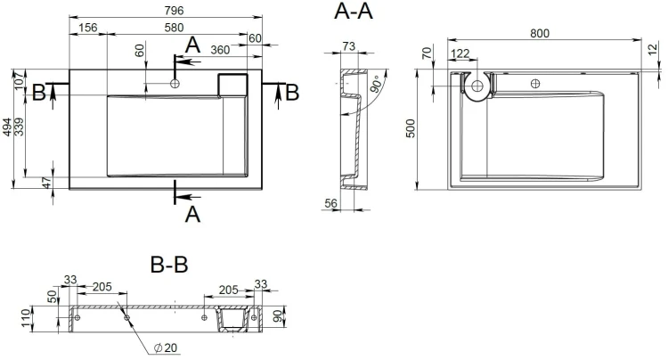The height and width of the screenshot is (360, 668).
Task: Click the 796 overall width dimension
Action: [x=174, y=10]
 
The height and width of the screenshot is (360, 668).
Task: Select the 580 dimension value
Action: [x=174, y=28]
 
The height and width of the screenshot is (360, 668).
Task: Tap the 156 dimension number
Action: [x=88, y=28]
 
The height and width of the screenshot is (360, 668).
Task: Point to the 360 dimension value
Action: [x=220, y=50]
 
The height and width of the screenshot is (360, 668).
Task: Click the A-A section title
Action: [x=354, y=11]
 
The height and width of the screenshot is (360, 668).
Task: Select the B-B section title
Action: [x=169, y=264]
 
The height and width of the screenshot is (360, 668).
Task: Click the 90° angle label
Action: [x=376, y=84]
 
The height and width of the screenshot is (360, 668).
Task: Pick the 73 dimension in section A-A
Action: [x=348, y=46]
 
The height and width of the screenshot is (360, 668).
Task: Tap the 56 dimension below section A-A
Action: [x=331, y=203]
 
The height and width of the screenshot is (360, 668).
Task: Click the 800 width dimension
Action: [x=540, y=33]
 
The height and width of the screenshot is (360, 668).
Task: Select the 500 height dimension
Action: [x=410, y=128]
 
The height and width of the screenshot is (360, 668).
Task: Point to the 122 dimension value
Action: [x=460, y=53]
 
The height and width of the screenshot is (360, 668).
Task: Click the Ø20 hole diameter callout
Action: [x=166, y=348]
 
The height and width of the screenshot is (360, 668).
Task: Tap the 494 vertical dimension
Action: [x=7, y=127]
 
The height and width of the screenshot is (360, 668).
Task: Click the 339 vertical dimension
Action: [x=19, y=127]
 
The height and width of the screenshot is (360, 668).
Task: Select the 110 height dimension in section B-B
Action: [x=27, y=319]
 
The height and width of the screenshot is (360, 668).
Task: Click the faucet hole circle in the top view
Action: [x=175, y=84]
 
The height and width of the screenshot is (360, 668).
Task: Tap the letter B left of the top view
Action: [x=39, y=93]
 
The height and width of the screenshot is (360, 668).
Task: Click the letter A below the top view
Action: [x=192, y=214]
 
